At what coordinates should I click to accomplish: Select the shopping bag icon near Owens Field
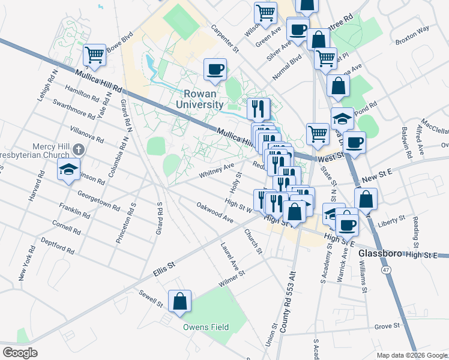pos(179,302)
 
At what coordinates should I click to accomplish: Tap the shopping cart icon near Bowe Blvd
pos(95,55)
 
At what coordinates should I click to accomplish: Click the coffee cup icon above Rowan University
pos(215,69)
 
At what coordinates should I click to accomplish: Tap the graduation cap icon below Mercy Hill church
pos(69,169)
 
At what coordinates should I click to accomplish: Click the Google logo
pos(20,353)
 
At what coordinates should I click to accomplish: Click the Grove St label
pos(387,326)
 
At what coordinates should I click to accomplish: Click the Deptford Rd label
pos(57,245)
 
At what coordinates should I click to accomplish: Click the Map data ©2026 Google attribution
pos(411,355)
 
